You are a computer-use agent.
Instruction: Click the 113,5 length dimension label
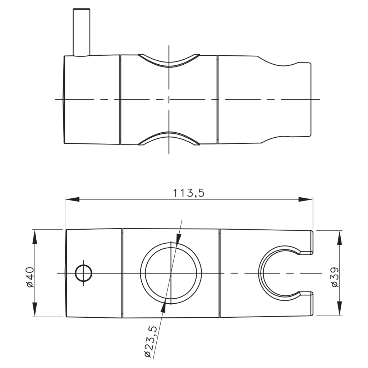(x=189, y=193)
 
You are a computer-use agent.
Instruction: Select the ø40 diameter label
(x=30, y=277)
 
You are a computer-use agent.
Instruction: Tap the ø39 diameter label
(x=335, y=277)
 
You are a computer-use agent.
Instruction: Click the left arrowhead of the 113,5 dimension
(x=72, y=199)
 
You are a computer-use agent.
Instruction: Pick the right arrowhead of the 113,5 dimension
(x=305, y=199)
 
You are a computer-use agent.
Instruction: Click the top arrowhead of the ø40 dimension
(x=35, y=237)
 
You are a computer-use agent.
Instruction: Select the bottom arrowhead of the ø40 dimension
(x=35, y=309)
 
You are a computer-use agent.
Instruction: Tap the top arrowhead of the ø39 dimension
(x=340, y=238)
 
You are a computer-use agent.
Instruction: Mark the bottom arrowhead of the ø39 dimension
(x=340, y=308)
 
